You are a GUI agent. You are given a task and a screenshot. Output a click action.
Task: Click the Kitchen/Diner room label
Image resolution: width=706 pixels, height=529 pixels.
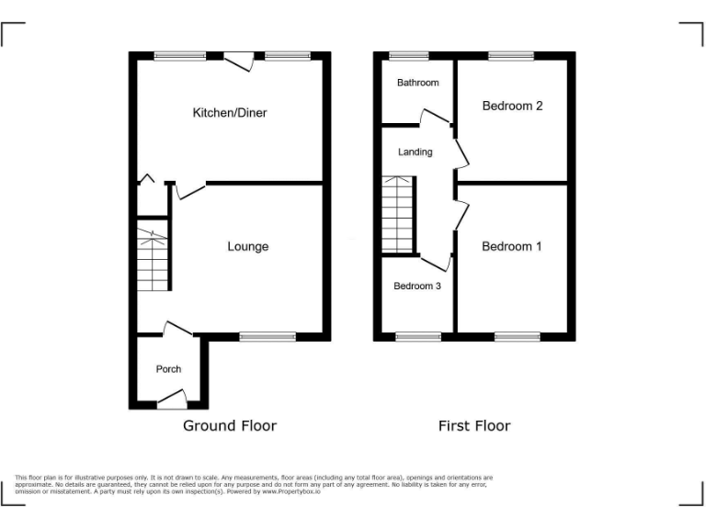coord(229,113)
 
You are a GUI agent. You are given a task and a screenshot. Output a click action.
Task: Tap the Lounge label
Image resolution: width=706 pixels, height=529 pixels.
coord(248,246)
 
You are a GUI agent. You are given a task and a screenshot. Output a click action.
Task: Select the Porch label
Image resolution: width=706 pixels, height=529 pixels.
coord(168,369)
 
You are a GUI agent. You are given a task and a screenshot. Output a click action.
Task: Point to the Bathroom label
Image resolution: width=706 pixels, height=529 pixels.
coord(417,83)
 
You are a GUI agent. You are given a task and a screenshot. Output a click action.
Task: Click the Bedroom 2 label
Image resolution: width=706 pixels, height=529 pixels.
coord(512,106)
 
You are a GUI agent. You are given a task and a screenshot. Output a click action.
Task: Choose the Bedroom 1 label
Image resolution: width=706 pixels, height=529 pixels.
coord(511,246)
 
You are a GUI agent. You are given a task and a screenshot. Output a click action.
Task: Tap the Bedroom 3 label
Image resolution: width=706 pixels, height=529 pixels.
coord(417,287)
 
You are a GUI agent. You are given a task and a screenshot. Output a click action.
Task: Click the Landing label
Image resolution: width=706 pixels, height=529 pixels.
coord(415,152)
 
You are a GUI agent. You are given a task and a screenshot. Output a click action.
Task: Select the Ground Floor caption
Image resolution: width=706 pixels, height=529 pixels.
coord(229,425)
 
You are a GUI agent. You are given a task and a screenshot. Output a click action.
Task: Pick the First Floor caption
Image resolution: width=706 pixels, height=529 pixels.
coord(473,425)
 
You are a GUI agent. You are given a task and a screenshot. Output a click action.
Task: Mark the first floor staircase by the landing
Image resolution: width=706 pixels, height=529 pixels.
coord(398,214)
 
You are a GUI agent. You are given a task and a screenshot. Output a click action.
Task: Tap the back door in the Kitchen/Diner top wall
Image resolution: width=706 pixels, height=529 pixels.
coord(241,60)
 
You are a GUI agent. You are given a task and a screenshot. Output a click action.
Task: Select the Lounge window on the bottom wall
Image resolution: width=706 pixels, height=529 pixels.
coord(268,337)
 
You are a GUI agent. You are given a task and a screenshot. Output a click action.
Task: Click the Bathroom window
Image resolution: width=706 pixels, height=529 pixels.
coord(409,56)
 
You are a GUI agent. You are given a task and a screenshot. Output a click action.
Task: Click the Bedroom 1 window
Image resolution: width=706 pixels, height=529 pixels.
coord(517,337)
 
